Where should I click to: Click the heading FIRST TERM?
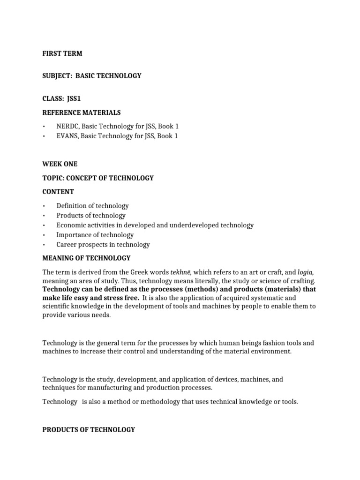click(x=62, y=53)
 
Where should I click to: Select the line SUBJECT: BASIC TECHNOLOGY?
click(x=91, y=75)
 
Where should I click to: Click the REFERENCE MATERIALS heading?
click(x=81, y=112)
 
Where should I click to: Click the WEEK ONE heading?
click(x=60, y=164)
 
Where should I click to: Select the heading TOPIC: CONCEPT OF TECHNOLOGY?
click(x=98, y=178)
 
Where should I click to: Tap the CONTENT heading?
click(x=58, y=192)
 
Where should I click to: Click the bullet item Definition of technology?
click(x=92, y=206)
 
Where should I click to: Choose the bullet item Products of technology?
click(x=91, y=216)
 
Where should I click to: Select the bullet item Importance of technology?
click(x=95, y=235)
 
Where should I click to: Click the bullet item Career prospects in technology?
click(x=103, y=244)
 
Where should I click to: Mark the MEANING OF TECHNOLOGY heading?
click(x=86, y=258)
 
